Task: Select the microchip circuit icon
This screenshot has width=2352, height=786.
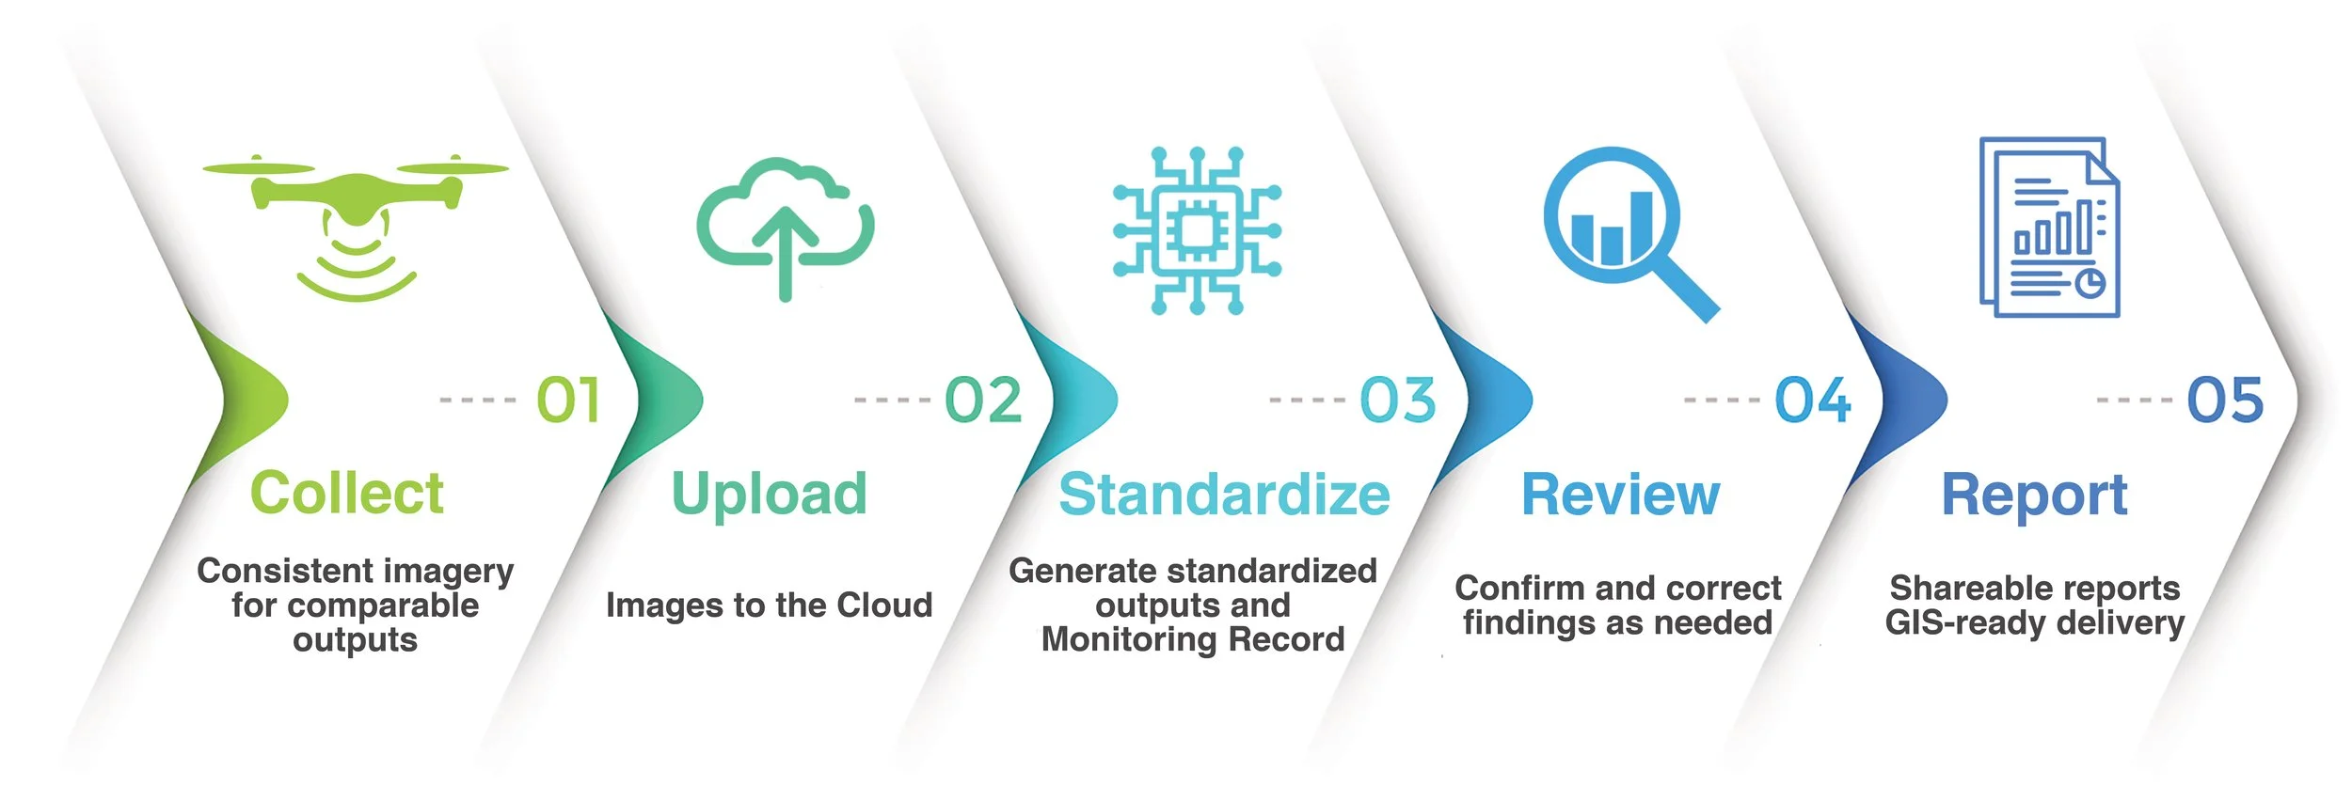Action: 1196,230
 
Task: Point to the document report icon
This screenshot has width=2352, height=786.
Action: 2049,227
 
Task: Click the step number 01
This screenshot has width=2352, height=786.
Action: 568,401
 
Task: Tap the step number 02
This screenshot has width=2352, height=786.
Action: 983,401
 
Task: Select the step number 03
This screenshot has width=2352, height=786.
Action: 1398,401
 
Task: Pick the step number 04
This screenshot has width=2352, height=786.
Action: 1813,401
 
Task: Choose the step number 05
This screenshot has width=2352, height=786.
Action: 2225,401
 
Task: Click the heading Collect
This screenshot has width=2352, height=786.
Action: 346,494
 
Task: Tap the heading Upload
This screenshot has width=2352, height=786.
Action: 769,495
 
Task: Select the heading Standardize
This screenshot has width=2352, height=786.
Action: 1224,495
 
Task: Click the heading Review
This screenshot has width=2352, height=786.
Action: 1620,495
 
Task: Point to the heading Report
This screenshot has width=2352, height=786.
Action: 2034,495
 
